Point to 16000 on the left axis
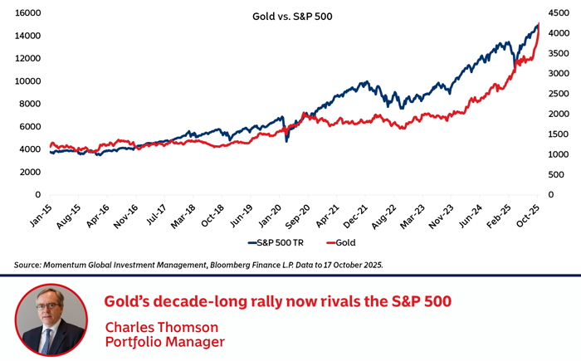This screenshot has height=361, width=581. click(x=28, y=14)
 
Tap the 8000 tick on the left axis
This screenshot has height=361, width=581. click(x=31, y=104)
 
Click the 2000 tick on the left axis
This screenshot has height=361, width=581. click(x=31, y=172)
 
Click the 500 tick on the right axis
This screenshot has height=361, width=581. click(x=557, y=174)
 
